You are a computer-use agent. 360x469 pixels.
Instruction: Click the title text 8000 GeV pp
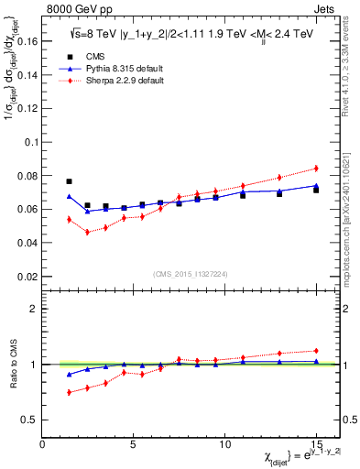pyautogui.click(x=72, y=8)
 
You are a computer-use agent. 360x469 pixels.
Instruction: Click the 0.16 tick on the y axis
pyautogui.click(x=25, y=41)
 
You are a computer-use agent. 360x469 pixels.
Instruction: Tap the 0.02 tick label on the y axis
pyautogui.click(x=25, y=276)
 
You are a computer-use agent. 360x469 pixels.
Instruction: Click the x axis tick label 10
pyautogui.click(x=224, y=443)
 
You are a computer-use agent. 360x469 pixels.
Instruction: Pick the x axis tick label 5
pyautogui.click(x=134, y=443)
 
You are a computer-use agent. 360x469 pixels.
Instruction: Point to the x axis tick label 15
pyautogui.click(x=315, y=443)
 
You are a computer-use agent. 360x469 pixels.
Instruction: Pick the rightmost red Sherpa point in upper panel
pyautogui.click(x=316, y=168)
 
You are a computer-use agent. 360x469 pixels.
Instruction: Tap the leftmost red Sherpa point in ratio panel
pyautogui.click(x=69, y=392)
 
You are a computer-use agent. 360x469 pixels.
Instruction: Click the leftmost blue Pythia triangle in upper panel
pyautogui.click(x=69, y=196)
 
